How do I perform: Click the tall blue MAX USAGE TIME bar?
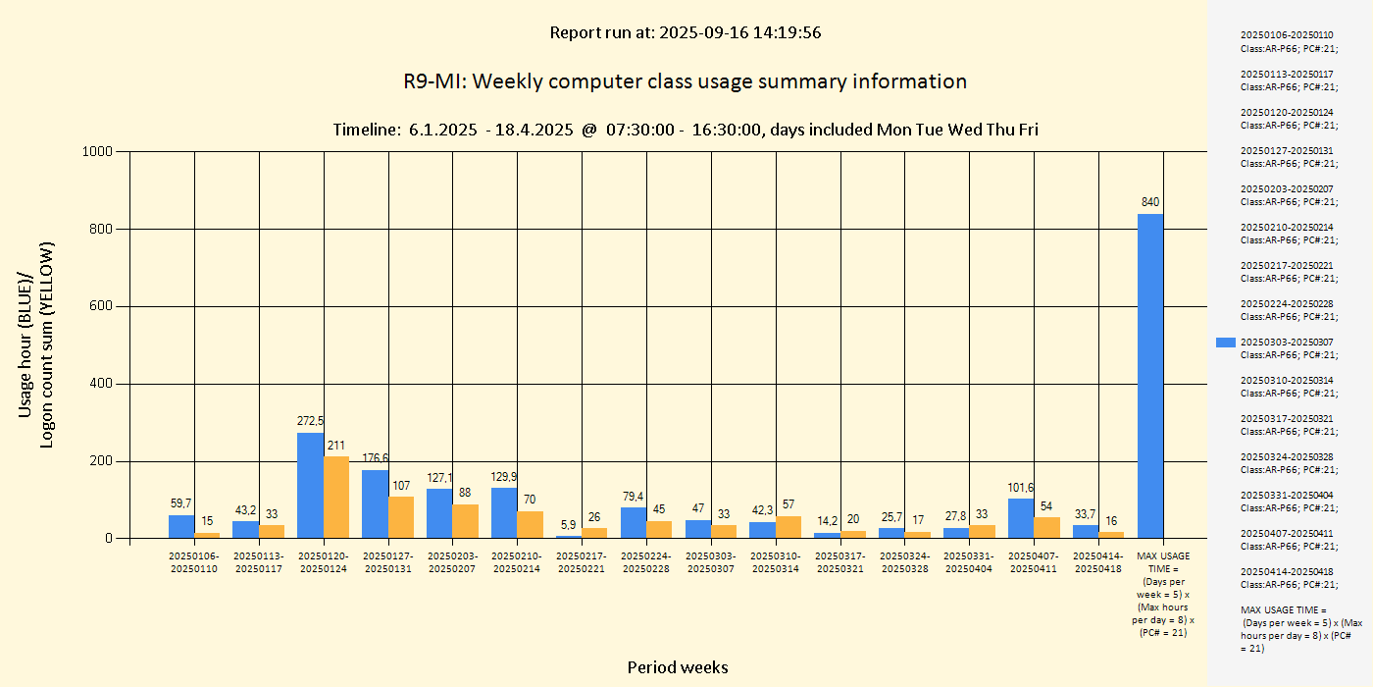pos(1150,376)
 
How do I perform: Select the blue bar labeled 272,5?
pos(310,486)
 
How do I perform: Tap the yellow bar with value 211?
pos(335,497)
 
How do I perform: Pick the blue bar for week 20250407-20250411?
pos(1021,518)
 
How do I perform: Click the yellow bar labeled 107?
pos(400,517)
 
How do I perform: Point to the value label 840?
pos(1150,201)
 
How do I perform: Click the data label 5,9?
pos(569,524)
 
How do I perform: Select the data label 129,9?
pos(504,476)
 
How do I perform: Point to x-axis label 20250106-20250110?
pos(194,562)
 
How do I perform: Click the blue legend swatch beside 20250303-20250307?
pos(1226,343)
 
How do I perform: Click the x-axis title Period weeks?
pos(678,667)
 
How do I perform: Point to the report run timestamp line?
pos(686,32)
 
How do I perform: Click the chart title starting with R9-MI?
pos(686,81)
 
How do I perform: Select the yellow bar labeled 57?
pos(788,527)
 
